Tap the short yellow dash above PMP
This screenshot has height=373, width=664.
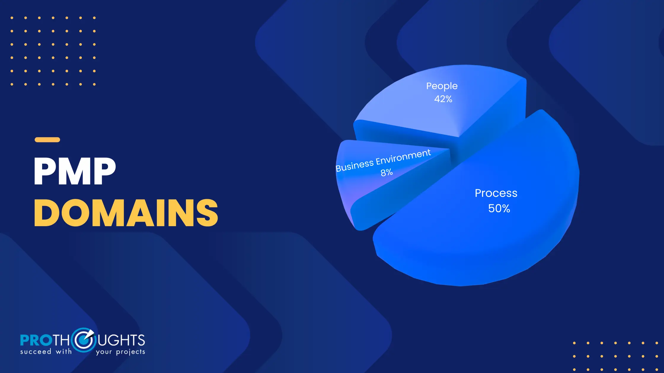point(47,140)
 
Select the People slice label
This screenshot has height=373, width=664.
point(442,86)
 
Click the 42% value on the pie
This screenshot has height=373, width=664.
point(443,99)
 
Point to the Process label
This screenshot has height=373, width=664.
point(496,193)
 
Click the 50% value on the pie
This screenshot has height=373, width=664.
point(499,208)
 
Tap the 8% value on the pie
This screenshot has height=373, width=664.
point(387,172)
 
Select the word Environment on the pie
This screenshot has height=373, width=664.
point(403,157)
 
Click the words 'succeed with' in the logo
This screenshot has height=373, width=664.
point(46,352)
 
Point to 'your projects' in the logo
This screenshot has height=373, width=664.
point(120,352)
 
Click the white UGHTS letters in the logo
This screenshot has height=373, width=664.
point(121,340)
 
